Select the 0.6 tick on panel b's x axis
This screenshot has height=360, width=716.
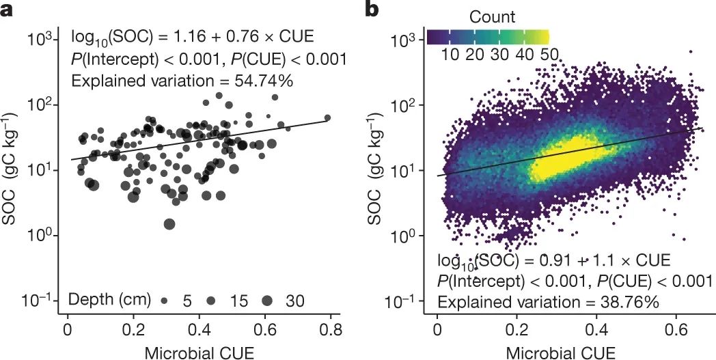(676, 327)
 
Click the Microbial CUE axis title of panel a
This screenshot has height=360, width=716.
(199, 351)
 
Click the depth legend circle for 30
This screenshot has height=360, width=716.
(266, 301)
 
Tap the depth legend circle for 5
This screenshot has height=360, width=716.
(165, 301)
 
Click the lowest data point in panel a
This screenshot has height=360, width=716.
(169, 223)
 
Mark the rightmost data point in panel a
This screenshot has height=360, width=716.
(327, 117)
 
